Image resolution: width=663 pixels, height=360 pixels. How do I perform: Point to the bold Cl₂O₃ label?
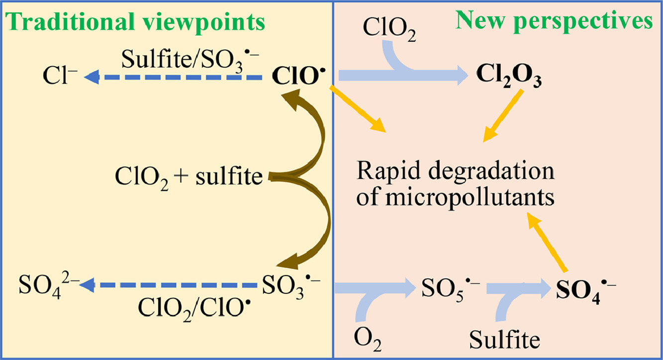click(507, 77)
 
